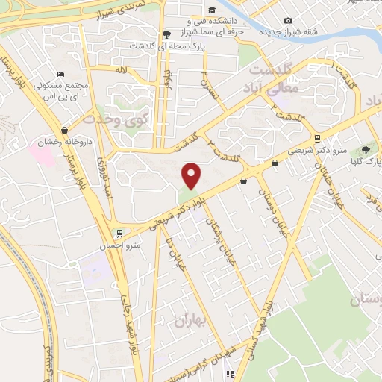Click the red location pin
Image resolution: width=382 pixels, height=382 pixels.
click(192, 176)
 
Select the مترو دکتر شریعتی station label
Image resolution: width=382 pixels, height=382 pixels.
click(319, 151)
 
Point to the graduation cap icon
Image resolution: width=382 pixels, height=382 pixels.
click(213, 10)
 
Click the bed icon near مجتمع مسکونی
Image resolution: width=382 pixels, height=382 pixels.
click(60, 74)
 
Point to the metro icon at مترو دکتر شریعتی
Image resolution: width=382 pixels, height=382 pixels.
click(318, 138)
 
